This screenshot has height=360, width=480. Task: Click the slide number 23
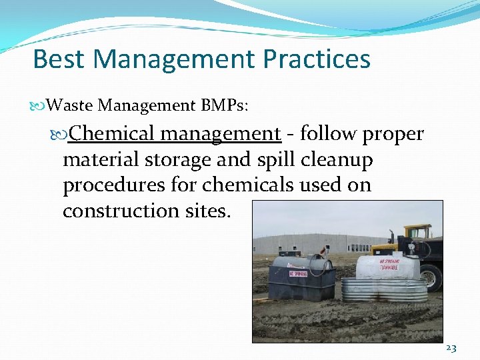(451, 349)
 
